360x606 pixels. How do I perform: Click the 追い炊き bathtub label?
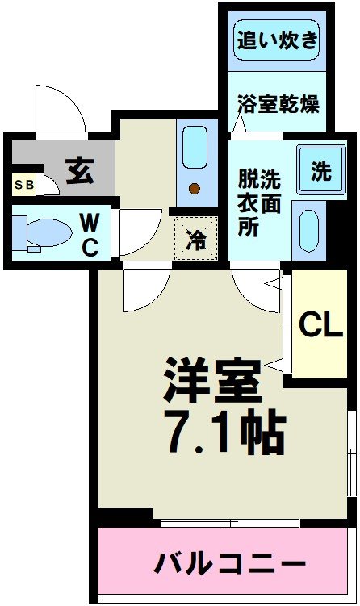pyautogui.click(x=277, y=40)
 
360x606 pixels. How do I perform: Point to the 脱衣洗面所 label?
pyautogui.click(x=259, y=202)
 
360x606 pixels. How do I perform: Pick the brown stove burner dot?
pyautogui.click(x=194, y=190)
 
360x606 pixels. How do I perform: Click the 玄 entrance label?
pyautogui.click(x=79, y=171)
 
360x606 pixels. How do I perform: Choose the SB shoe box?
pyautogui.click(x=23, y=185)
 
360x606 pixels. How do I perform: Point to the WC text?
pyautogui.click(x=90, y=233)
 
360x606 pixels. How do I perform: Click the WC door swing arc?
pyautogui.click(x=141, y=232)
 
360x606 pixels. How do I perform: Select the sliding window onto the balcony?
pyautogui.click(x=230, y=523)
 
